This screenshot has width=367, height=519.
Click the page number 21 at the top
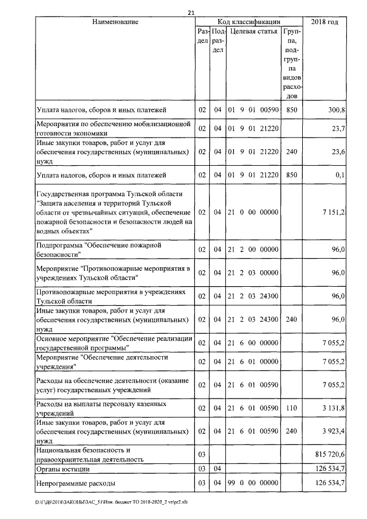point(192,13)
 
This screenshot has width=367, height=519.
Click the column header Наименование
point(115,22)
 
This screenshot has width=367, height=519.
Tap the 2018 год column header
point(325,22)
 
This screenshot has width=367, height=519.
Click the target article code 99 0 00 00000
point(253,483)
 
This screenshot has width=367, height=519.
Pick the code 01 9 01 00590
point(253,109)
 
